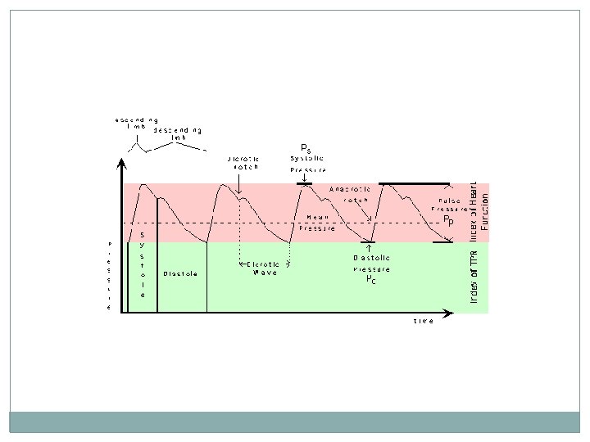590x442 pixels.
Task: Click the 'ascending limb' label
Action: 136,124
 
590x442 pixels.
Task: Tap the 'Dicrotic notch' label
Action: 243,162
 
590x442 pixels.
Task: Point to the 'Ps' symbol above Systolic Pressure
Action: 306,148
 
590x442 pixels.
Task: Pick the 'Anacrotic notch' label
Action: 350,194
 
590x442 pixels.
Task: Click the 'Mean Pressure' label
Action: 317,223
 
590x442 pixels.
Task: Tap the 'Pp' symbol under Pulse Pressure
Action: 448,220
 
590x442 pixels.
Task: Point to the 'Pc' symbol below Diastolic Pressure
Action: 371,278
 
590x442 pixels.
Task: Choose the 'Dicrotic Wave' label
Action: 264,268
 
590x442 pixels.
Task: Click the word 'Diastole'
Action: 179,273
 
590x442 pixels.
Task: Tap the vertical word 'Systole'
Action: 142,264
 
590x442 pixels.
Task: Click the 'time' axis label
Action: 424,321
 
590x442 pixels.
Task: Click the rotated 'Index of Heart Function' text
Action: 479,210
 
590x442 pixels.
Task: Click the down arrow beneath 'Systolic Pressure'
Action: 304,177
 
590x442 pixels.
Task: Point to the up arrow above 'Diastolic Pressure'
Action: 368,246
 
